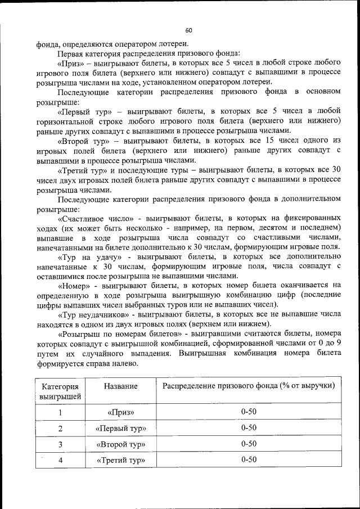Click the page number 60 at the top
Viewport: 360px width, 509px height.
pyautogui.click(x=188, y=30)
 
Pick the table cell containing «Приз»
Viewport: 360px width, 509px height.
pyautogui.click(x=121, y=412)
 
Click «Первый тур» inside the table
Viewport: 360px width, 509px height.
pyautogui.click(x=121, y=428)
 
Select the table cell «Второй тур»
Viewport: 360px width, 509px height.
pyautogui.click(x=121, y=444)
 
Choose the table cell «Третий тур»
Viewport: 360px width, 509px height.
pyautogui.click(x=121, y=460)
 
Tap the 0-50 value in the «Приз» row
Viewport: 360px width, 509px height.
pyautogui.click(x=249, y=412)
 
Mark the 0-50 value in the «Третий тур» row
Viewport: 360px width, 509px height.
pyautogui.click(x=249, y=460)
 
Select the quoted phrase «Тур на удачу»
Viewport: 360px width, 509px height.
pyautogui.click(x=84, y=256)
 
